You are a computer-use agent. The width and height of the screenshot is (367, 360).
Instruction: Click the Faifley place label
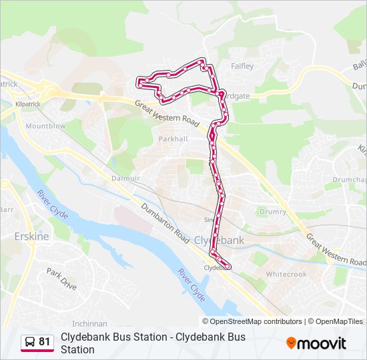[x=242, y=67]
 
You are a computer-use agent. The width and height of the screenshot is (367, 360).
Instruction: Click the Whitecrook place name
[x=286, y=274]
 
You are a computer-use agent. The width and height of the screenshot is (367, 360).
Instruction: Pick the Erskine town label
[x=28, y=236]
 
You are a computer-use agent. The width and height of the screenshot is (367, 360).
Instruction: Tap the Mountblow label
[x=45, y=126]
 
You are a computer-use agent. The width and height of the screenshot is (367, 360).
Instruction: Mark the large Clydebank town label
[x=220, y=240]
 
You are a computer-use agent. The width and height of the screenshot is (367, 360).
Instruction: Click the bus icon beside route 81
[x=30, y=342]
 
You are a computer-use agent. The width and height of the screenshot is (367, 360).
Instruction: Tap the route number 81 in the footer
[x=45, y=342]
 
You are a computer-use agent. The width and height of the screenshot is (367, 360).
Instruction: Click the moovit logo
[x=316, y=343]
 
